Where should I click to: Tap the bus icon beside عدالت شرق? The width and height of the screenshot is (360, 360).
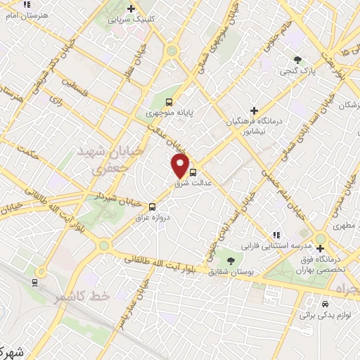click(193, 171)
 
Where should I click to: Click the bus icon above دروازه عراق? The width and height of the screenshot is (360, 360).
click(153, 206)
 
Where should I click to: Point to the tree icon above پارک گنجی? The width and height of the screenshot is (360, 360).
click(299, 60)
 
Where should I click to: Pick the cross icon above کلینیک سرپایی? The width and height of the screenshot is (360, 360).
click(130, 9)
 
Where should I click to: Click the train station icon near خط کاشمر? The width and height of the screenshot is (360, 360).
click(34, 282)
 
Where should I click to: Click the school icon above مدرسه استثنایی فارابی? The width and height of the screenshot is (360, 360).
click(276, 235)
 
